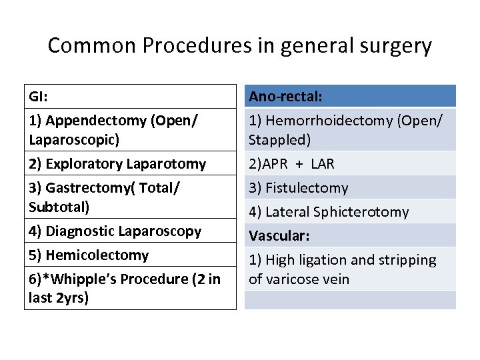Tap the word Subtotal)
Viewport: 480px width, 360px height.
(59, 207)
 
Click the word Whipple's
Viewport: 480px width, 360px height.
(85, 279)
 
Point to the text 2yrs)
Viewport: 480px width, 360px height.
(71, 298)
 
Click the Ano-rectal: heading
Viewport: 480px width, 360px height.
(285, 97)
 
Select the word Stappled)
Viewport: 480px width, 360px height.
(280, 140)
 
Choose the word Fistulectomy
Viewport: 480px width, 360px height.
(306, 188)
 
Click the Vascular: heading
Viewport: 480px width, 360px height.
(279, 236)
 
